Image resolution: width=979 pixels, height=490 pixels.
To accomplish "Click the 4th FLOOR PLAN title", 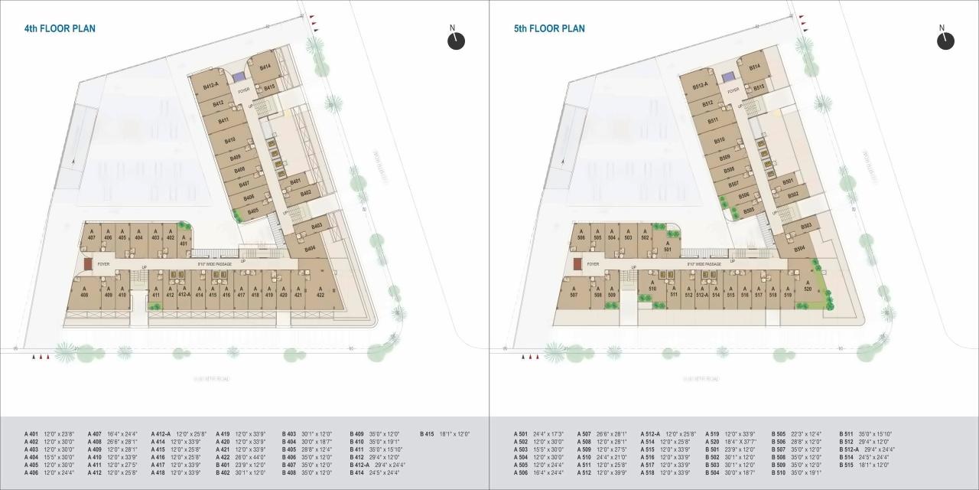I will point(60,29).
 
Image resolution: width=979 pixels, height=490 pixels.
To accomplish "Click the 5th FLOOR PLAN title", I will point(549,29).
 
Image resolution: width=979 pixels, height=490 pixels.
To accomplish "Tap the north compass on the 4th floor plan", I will point(456,40).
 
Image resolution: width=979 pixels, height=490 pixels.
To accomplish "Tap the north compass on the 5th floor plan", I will point(945,40).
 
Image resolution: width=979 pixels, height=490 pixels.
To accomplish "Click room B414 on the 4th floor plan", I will point(265,67).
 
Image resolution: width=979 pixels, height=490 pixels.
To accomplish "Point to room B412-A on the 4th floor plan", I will point(211,87).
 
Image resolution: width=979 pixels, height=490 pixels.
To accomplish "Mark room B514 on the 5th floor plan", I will point(754,67).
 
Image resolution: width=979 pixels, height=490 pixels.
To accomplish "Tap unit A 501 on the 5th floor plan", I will point(667,247).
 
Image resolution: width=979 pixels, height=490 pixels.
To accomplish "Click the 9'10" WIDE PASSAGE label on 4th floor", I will point(214,264).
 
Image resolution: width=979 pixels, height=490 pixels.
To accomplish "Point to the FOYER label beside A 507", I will point(593,264).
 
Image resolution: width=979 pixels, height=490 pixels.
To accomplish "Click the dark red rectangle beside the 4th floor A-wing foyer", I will point(88,263).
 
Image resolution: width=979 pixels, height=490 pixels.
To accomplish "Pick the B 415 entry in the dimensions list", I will point(444,434).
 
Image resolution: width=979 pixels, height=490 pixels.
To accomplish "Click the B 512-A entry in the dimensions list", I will point(867,449).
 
